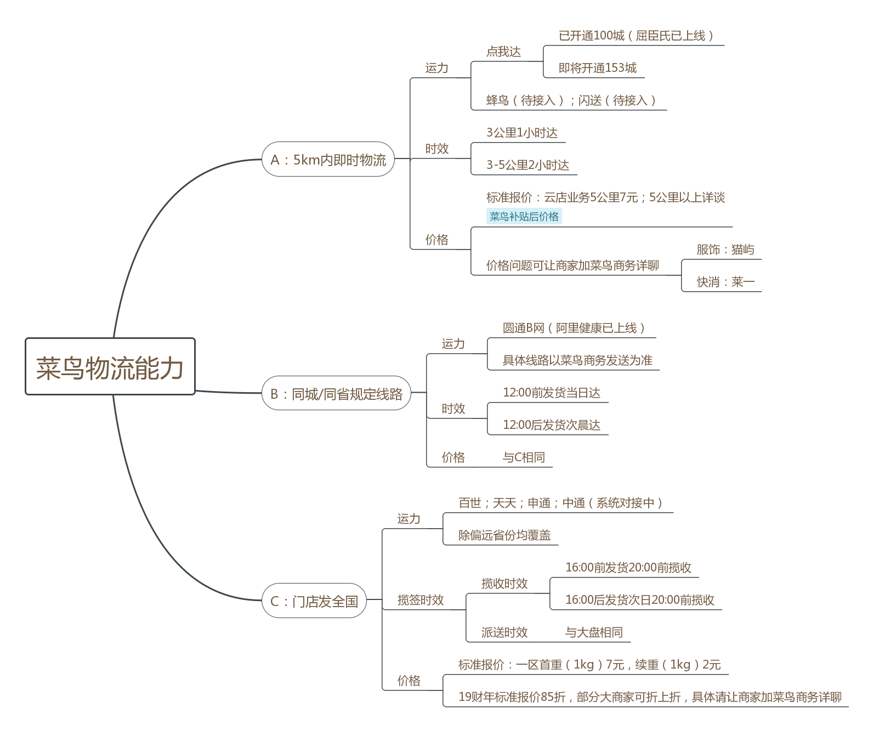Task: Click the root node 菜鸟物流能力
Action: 110,366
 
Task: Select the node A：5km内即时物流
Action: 328,160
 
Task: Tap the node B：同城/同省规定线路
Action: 336,393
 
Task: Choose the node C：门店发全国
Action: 314,601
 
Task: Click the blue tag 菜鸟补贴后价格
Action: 524,217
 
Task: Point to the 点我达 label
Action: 503,52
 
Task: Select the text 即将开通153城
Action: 597,68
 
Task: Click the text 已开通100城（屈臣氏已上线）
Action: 636,36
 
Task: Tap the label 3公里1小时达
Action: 521,133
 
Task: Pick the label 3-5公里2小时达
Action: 528,165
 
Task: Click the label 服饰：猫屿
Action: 725,250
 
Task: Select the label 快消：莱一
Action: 725,282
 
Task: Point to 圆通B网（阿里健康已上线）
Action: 574,328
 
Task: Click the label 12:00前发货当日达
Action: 551,393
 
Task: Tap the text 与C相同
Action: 524,457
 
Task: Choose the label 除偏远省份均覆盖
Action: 504,535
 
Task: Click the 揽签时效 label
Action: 421,600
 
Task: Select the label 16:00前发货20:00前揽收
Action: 628,568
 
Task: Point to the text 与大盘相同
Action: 594,632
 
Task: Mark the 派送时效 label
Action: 504,632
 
